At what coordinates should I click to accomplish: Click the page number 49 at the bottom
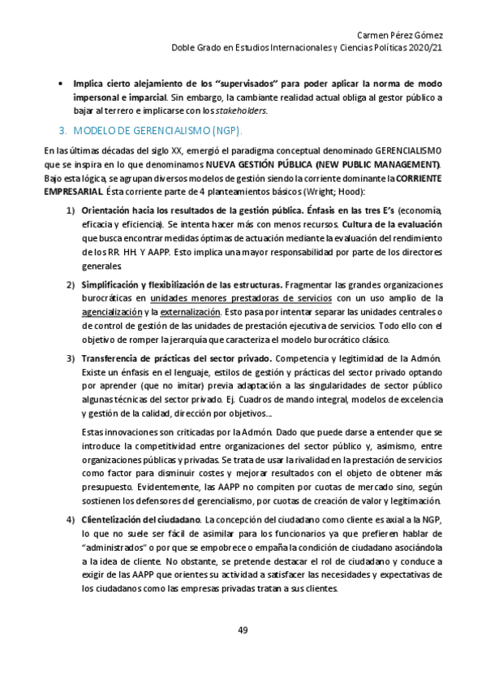(243, 630)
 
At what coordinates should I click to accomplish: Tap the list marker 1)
(71, 210)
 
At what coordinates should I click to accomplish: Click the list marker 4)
(71, 519)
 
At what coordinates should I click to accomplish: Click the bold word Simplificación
(110, 284)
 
